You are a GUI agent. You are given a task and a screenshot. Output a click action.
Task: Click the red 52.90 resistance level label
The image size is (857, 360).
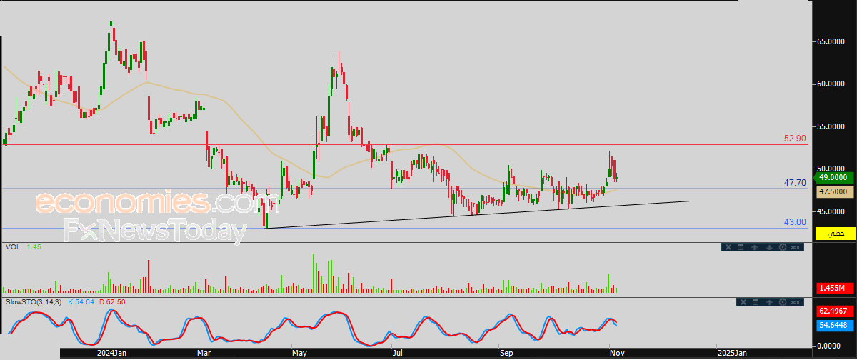point(795,139)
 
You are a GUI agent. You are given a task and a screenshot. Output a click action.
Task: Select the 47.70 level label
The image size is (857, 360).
point(795,183)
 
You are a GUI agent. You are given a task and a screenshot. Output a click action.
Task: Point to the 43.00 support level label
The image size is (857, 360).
point(795,222)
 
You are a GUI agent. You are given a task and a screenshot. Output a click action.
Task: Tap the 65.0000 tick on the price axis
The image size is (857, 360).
point(831,41)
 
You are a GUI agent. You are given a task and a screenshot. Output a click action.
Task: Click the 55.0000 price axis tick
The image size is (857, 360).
point(831,126)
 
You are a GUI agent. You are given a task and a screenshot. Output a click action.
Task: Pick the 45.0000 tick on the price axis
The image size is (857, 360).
point(831,211)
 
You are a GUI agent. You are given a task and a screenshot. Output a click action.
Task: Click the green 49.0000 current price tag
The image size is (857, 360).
point(833,178)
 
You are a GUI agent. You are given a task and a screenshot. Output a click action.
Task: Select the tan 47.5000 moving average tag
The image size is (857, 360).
point(835,191)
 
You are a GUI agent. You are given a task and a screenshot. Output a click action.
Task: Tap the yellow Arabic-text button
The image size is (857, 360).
point(835,234)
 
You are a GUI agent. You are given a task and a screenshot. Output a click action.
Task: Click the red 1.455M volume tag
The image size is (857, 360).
point(835,288)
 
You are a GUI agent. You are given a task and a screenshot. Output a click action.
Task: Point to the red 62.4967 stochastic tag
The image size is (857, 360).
point(835,311)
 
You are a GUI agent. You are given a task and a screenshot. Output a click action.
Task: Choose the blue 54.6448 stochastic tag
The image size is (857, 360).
point(835,325)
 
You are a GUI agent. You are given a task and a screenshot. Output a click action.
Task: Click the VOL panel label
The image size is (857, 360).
point(13,247)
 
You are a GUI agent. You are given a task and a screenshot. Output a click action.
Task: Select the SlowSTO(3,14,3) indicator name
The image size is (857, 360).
point(34,302)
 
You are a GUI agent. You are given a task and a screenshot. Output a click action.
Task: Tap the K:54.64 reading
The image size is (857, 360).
point(81,302)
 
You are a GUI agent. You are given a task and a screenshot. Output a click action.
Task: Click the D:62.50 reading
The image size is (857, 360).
point(112,302)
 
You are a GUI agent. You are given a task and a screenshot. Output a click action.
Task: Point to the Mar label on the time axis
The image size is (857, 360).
point(204,353)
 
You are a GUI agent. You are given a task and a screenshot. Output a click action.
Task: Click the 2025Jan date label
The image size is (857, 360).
point(732,353)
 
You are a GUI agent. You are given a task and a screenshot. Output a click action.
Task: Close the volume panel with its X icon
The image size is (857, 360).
point(728,248)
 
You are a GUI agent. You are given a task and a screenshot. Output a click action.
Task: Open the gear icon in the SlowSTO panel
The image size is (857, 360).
point(783,303)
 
